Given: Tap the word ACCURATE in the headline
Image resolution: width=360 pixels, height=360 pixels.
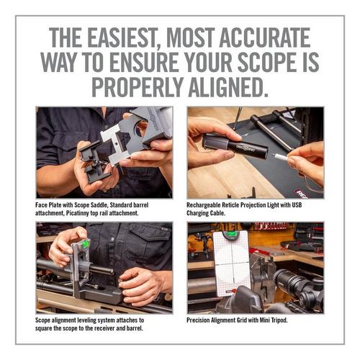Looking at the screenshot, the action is pyautogui.click(x=264, y=37).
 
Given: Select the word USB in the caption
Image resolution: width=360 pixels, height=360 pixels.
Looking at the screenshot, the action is pyautogui.click(x=297, y=204).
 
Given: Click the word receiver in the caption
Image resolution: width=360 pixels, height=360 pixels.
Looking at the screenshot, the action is pyautogui.click(x=105, y=328).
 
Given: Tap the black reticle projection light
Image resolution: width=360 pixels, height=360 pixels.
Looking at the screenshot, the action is pyautogui.click(x=236, y=147).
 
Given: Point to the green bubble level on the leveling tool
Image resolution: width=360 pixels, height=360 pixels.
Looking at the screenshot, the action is pyautogui.click(x=86, y=243).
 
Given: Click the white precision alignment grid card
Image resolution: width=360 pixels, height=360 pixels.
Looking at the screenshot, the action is pyautogui.click(x=231, y=264).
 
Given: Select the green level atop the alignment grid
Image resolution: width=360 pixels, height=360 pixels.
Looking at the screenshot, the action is pyautogui.click(x=231, y=235).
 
